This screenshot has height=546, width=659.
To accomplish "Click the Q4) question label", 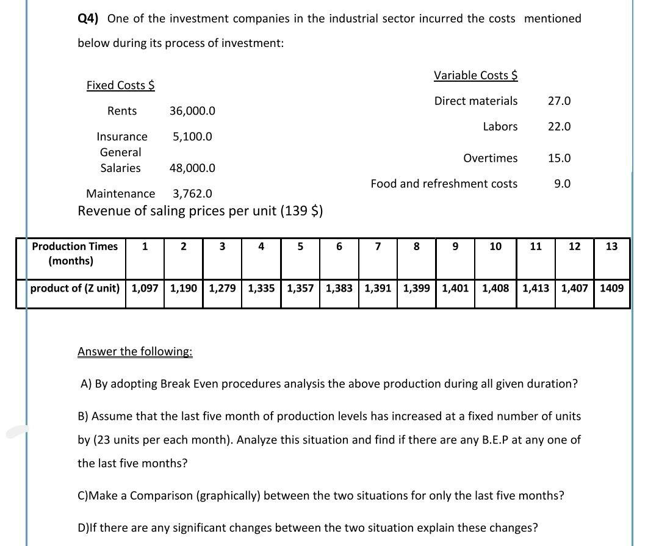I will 90,18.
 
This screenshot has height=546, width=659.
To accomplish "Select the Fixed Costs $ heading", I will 120,85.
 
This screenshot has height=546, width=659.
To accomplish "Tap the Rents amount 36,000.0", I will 192,111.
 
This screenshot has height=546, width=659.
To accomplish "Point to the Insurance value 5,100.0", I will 192,137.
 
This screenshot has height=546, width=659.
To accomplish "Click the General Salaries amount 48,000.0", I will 192,168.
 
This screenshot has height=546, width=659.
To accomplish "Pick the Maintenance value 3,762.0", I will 193,194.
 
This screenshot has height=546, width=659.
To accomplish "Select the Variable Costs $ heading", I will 475,76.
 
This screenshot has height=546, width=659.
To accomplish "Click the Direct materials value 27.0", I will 559,101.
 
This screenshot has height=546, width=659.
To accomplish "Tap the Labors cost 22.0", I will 559,127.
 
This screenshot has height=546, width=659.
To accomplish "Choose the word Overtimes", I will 490,159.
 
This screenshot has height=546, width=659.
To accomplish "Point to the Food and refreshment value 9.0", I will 562,184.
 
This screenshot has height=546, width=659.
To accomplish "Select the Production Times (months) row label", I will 74,254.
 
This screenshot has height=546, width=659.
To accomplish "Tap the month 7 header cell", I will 378,246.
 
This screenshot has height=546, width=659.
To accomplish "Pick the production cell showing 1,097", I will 145,288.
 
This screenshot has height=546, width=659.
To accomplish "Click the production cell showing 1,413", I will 536,288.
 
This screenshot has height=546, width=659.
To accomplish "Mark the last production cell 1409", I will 611,288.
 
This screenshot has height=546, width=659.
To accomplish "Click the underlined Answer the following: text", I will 135,352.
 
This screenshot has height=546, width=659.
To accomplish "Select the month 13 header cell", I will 611,246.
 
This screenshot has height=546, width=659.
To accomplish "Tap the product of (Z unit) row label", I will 75,288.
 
